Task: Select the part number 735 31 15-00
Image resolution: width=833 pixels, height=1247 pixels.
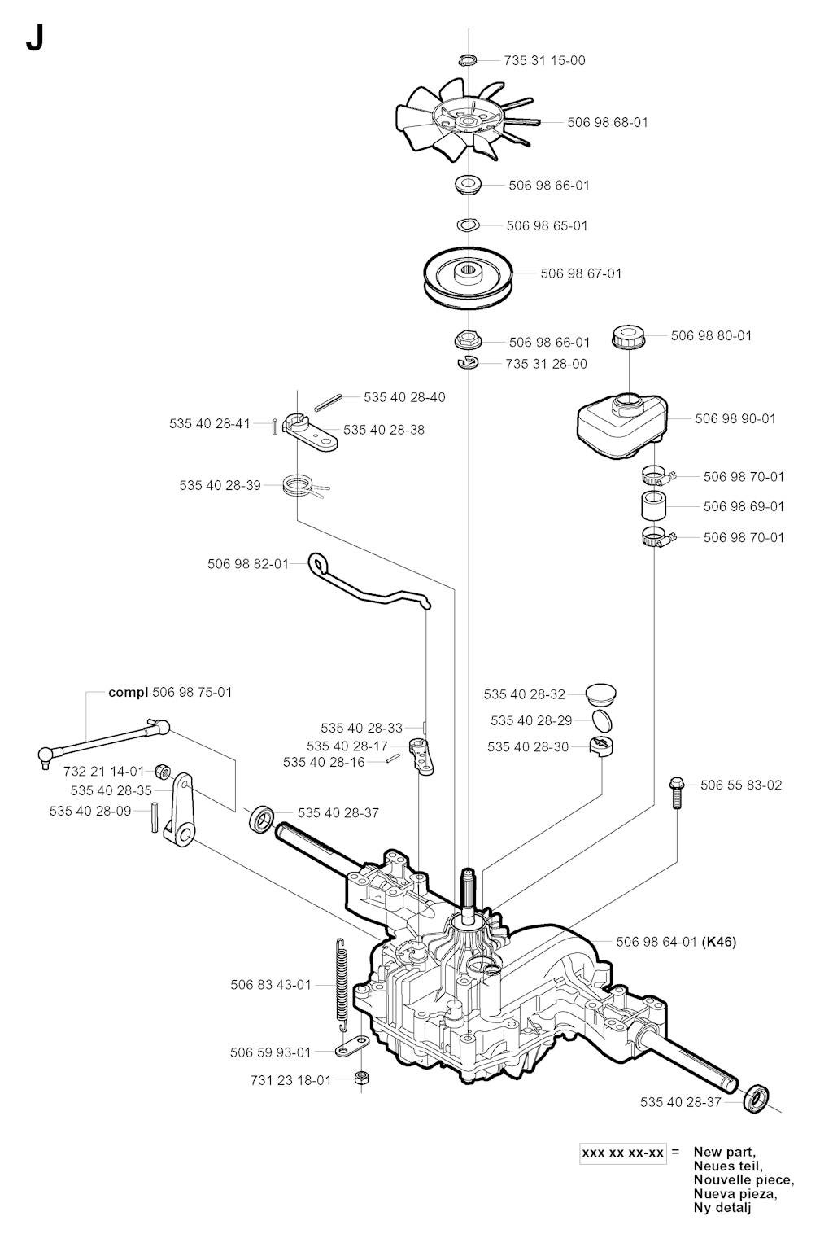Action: (x=544, y=60)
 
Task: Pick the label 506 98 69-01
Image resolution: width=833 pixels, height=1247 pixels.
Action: (x=744, y=506)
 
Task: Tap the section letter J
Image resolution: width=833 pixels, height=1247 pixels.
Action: (x=34, y=38)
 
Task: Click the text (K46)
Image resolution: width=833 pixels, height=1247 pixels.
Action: (x=719, y=942)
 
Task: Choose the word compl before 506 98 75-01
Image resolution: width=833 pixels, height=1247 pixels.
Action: (x=129, y=692)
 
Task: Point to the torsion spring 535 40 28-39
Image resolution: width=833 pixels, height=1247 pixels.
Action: (x=299, y=486)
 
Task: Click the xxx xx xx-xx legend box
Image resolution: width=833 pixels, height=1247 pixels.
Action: (x=623, y=1153)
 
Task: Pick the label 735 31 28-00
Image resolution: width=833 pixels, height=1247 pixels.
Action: (x=546, y=364)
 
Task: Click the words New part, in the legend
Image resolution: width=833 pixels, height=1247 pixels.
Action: (x=724, y=1152)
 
